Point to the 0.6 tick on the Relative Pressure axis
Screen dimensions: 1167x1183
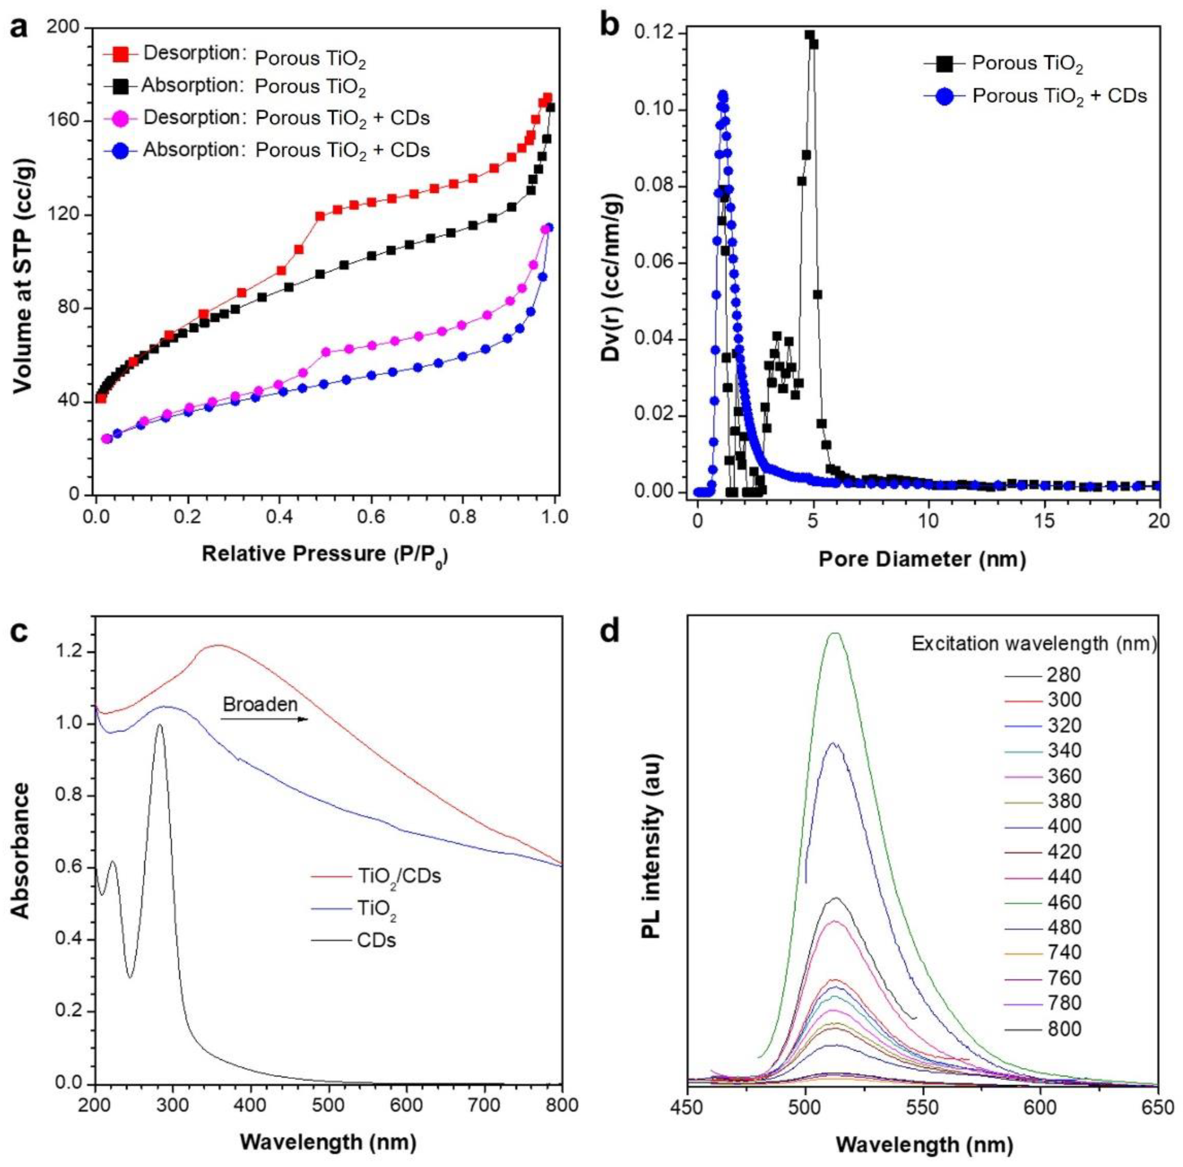coord(371,515)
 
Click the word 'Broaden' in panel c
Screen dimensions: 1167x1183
coord(260,704)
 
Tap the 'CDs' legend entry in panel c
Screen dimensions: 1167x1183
coord(376,940)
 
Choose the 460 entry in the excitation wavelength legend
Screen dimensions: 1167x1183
coord(1065,902)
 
